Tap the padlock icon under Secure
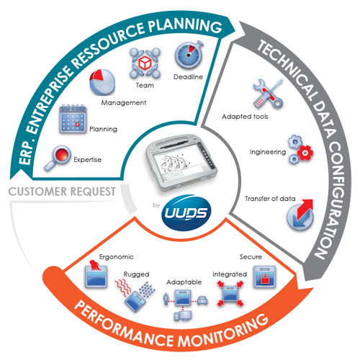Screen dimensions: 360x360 point(259,277)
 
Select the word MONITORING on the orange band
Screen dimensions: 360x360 point(219,325)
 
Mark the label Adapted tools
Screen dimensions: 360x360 point(245,116)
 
